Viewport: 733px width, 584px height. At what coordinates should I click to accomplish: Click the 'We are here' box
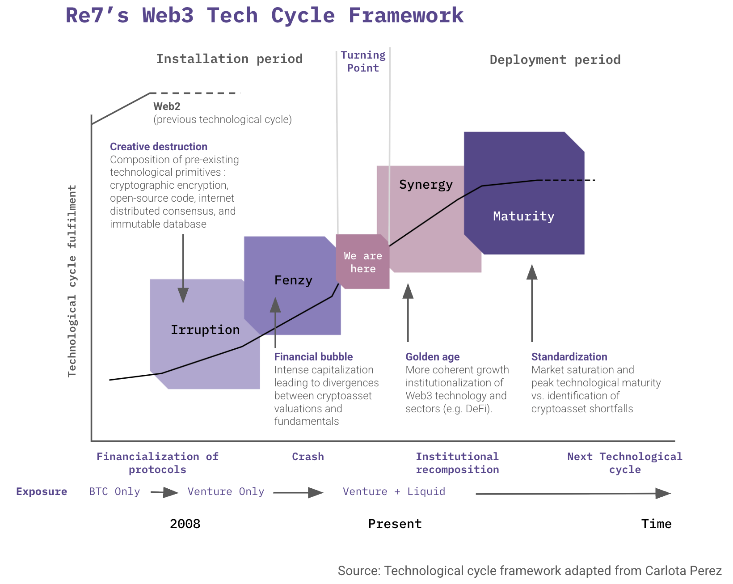click(x=362, y=262)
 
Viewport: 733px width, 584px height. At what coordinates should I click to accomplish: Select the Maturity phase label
click(x=523, y=216)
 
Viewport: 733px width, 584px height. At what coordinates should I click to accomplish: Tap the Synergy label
click(x=426, y=185)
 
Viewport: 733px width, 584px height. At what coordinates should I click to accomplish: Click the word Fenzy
click(x=293, y=280)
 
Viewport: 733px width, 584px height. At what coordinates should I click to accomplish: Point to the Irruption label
click(x=205, y=330)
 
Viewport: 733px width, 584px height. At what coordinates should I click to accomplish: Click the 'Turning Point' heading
click(x=363, y=61)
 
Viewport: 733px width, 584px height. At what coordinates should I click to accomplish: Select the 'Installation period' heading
click(x=229, y=59)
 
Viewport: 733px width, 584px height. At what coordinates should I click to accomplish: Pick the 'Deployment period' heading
click(x=555, y=60)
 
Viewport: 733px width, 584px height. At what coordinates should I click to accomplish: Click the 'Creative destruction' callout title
click(x=158, y=147)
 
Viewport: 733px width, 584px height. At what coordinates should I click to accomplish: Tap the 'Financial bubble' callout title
click(x=313, y=356)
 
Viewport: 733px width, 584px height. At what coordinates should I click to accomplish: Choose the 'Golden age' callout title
click(x=432, y=357)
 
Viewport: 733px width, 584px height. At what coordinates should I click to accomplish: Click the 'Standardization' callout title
click(x=569, y=356)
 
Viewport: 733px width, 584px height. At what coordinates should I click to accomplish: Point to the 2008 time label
click(x=185, y=524)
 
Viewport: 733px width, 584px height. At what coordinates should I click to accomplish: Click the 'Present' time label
click(x=395, y=524)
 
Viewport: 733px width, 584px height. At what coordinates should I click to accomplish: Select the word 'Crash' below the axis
click(x=308, y=457)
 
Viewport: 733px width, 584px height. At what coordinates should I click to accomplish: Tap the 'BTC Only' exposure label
click(x=114, y=491)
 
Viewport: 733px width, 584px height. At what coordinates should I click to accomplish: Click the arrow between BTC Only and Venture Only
click(x=164, y=492)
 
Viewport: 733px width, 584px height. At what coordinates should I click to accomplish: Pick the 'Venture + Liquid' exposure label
click(x=394, y=491)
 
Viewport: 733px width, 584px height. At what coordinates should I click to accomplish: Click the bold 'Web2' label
click(x=167, y=106)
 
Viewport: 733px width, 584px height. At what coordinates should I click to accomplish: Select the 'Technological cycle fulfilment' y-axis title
click(x=72, y=281)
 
